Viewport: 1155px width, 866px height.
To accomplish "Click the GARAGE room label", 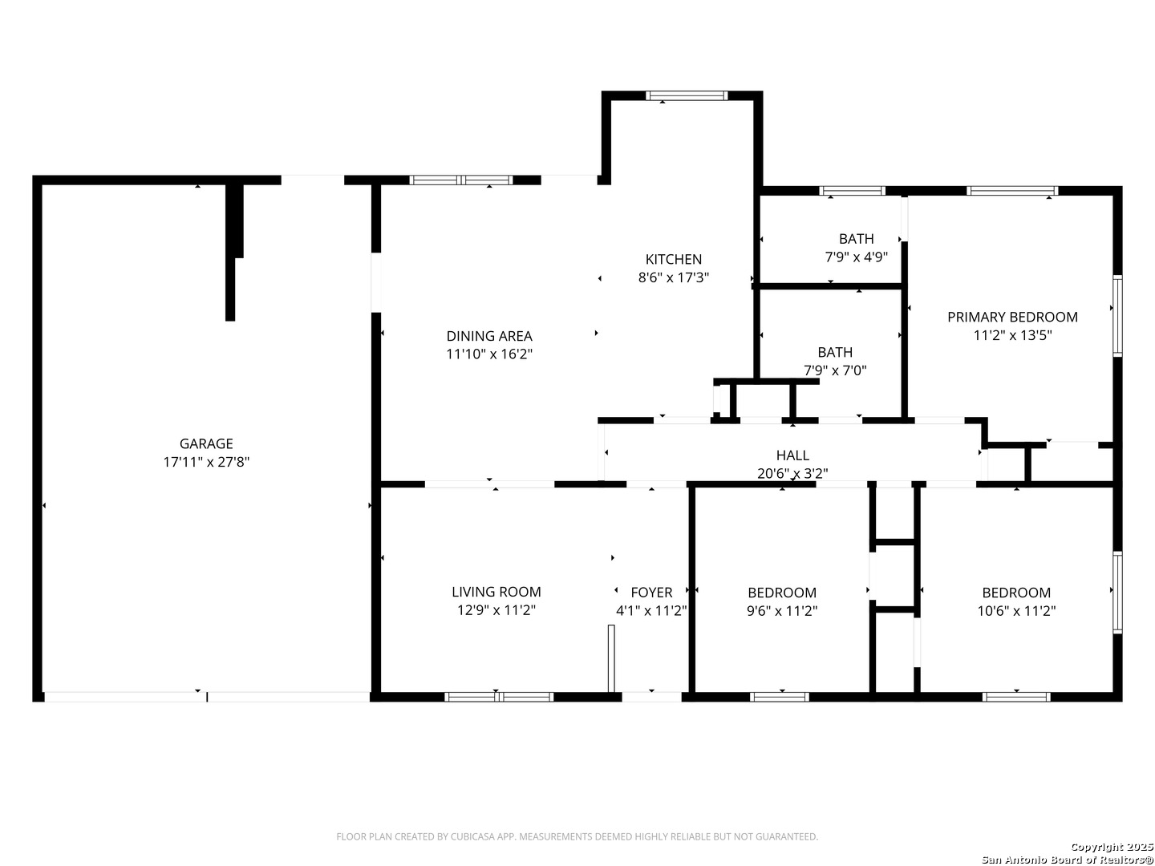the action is tap(206, 443).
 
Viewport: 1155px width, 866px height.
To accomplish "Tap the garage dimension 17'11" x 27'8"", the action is tap(206, 462).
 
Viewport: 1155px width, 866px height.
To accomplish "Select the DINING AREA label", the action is tap(489, 336).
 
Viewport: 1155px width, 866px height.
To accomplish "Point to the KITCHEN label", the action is tap(674, 259).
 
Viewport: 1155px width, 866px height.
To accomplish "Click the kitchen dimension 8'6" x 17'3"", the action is tap(674, 277).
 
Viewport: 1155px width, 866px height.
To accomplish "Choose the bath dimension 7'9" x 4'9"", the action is tap(856, 257).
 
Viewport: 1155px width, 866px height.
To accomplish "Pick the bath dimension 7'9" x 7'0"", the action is tap(835, 370).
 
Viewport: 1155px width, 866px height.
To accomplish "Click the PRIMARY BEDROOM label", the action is tap(1012, 317).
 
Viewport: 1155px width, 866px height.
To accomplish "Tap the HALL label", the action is tap(792, 455).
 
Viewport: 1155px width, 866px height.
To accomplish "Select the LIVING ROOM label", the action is tap(496, 592).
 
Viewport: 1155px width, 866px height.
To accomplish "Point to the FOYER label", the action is tap(651, 593).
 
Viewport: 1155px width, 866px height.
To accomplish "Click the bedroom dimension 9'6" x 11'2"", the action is tap(782, 611).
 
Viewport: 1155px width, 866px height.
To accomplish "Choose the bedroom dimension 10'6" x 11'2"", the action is tap(1016, 611).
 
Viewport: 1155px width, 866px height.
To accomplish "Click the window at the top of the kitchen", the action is tap(687, 95).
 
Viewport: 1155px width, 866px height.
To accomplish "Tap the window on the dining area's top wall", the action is tap(461, 180).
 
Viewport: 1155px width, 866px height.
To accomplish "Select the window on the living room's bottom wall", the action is tap(499, 697).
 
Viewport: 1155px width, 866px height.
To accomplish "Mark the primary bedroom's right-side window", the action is tap(1117, 315).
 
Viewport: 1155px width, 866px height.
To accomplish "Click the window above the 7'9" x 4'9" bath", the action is tap(852, 190).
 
